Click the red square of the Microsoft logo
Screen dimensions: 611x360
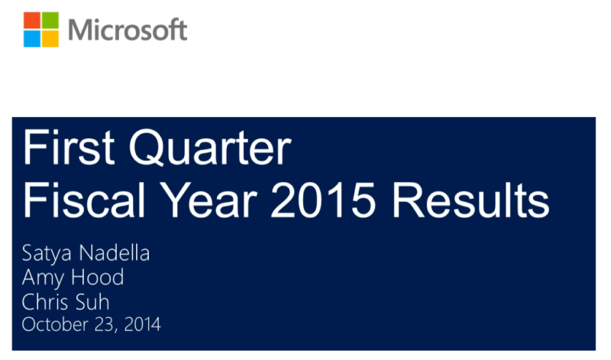(x=32, y=21)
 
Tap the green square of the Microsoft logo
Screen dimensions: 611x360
(x=50, y=21)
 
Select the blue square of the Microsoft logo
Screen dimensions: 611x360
(x=32, y=39)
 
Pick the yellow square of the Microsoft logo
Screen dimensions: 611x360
(x=50, y=39)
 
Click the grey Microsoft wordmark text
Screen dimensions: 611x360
(x=128, y=30)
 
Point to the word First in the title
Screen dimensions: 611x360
(x=69, y=148)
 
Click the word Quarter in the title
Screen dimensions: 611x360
(x=210, y=148)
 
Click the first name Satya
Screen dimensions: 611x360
(x=47, y=254)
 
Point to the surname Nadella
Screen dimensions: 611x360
(x=115, y=253)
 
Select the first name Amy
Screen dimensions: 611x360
(x=43, y=278)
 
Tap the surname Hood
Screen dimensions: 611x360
(x=98, y=277)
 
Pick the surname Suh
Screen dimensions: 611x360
(x=92, y=302)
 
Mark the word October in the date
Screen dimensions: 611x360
(x=55, y=325)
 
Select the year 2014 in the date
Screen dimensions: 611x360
(x=142, y=325)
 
